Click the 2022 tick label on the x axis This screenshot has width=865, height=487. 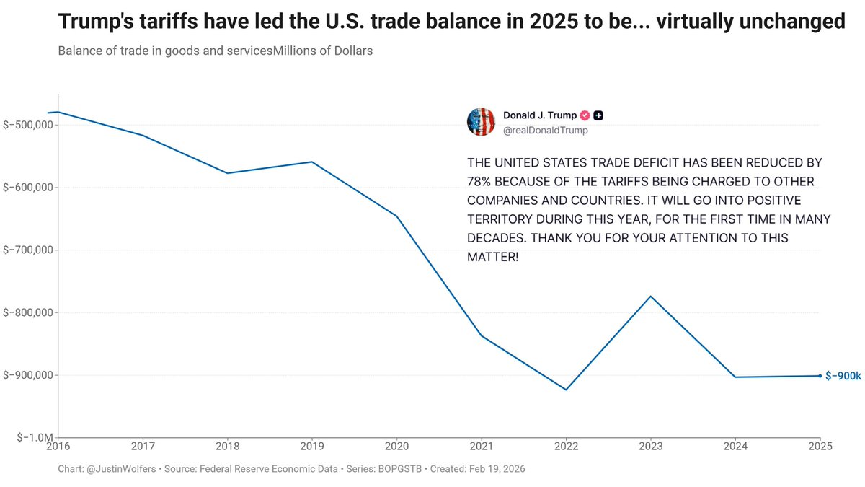566,447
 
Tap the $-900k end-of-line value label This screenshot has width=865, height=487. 843,376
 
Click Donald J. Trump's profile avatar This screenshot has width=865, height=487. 481,122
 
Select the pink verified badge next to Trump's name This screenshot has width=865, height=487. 585,115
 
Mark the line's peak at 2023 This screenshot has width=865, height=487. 651,297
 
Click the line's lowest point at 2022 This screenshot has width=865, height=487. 566,390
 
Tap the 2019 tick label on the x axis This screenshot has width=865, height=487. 311,447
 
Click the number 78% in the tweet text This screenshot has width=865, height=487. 480,181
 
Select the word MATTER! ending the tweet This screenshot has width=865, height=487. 492,256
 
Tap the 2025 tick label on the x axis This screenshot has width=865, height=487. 820,447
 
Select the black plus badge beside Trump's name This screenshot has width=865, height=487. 598,115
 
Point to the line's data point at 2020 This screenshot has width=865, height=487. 396,216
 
